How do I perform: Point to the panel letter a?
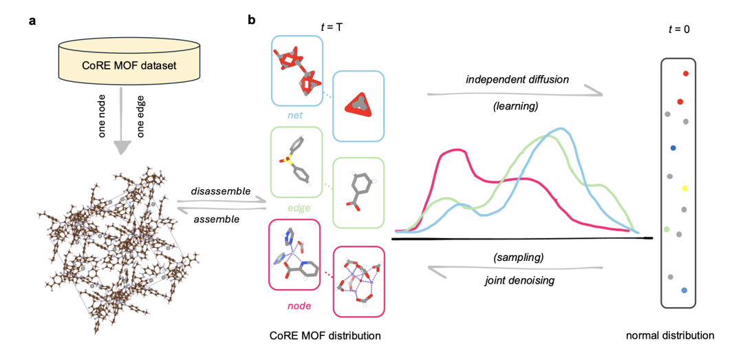[x=32, y=20]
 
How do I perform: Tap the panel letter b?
[x=252, y=20]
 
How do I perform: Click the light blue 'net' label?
[x=296, y=117]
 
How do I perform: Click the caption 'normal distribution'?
[x=669, y=335]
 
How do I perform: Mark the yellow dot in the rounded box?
[x=684, y=187]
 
